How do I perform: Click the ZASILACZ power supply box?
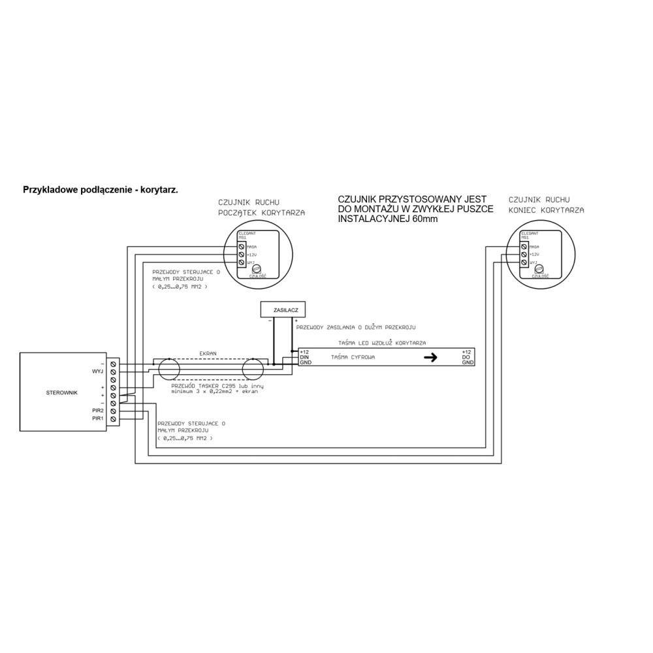pos(282,309)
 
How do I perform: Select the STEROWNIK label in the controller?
pos(62,393)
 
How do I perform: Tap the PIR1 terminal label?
pos(98,419)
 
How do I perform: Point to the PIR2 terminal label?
pos(98,411)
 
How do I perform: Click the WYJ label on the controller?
pos(99,371)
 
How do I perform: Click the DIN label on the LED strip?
pos(304,357)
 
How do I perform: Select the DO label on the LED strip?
pos(466,357)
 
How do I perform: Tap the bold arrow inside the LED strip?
pos(430,357)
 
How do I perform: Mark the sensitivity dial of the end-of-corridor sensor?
pos(540,268)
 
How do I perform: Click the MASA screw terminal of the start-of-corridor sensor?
pos(242,246)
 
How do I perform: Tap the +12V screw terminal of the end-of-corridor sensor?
pos(524,254)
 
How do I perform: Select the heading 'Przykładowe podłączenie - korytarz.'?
pos(101,189)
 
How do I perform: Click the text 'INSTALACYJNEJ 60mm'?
pos(389,219)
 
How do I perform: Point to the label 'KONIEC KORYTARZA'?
pos(546,210)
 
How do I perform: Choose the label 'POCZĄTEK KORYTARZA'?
pos(261,212)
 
